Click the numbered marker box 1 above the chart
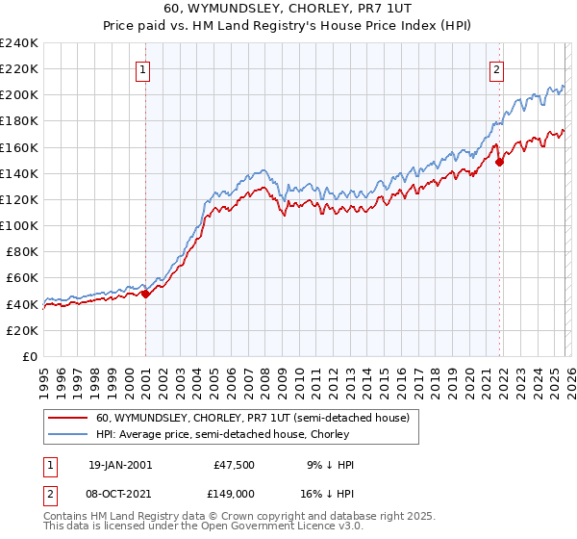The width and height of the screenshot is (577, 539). [142, 68]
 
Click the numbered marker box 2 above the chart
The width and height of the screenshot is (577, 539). [497, 68]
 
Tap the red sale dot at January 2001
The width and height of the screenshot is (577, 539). [145, 295]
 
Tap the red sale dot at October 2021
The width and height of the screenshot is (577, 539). [499, 162]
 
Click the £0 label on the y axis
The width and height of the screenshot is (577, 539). [29, 356]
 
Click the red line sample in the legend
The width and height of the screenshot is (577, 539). [68, 418]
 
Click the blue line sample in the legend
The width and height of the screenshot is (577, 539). [68, 434]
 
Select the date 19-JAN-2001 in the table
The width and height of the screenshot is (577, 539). [119, 464]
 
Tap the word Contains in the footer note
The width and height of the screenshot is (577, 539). [66, 517]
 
